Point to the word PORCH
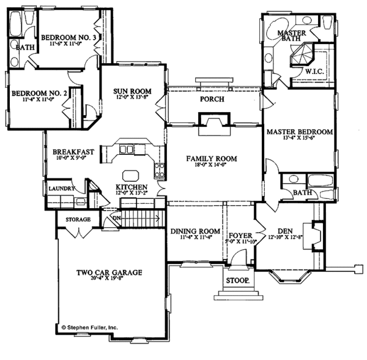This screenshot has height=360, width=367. point(212,99)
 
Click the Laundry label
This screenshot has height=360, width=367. point(61,189)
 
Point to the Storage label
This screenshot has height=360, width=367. point(78,219)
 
